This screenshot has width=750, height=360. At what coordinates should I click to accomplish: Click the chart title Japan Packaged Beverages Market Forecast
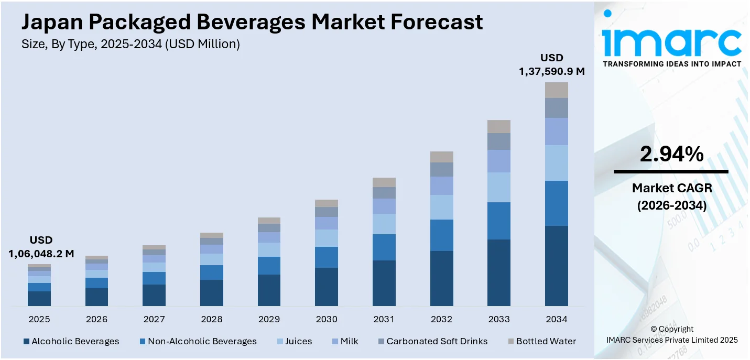point(252,22)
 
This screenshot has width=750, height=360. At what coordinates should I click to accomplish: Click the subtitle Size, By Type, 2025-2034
point(131,45)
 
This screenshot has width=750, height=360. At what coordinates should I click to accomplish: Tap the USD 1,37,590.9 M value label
point(551,64)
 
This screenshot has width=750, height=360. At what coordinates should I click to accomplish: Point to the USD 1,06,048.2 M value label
point(41,247)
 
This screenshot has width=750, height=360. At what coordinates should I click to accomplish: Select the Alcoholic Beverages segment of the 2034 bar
point(556,266)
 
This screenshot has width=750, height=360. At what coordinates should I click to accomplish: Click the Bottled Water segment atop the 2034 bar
point(556,90)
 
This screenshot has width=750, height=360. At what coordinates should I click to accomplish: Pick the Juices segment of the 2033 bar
point(499,187)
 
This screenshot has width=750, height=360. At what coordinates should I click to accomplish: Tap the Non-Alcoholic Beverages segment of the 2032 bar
point(441,235)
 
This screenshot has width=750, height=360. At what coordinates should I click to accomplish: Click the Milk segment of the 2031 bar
point(384,206)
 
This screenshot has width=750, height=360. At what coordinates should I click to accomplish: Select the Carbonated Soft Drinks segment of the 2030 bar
point(327,212)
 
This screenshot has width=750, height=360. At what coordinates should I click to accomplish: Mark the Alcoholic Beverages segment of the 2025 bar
point(39,298)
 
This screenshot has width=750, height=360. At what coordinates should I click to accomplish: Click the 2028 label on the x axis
point(212,319)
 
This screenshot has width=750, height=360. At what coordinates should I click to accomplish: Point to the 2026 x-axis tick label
point(97,319)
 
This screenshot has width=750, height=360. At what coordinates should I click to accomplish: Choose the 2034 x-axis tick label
point(556,319)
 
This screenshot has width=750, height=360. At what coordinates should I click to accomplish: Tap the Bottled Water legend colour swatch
point(511,342)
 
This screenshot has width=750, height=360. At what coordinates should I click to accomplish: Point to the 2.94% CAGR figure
point(671,154)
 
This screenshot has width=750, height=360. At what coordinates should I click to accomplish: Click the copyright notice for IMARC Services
point(671,334)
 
